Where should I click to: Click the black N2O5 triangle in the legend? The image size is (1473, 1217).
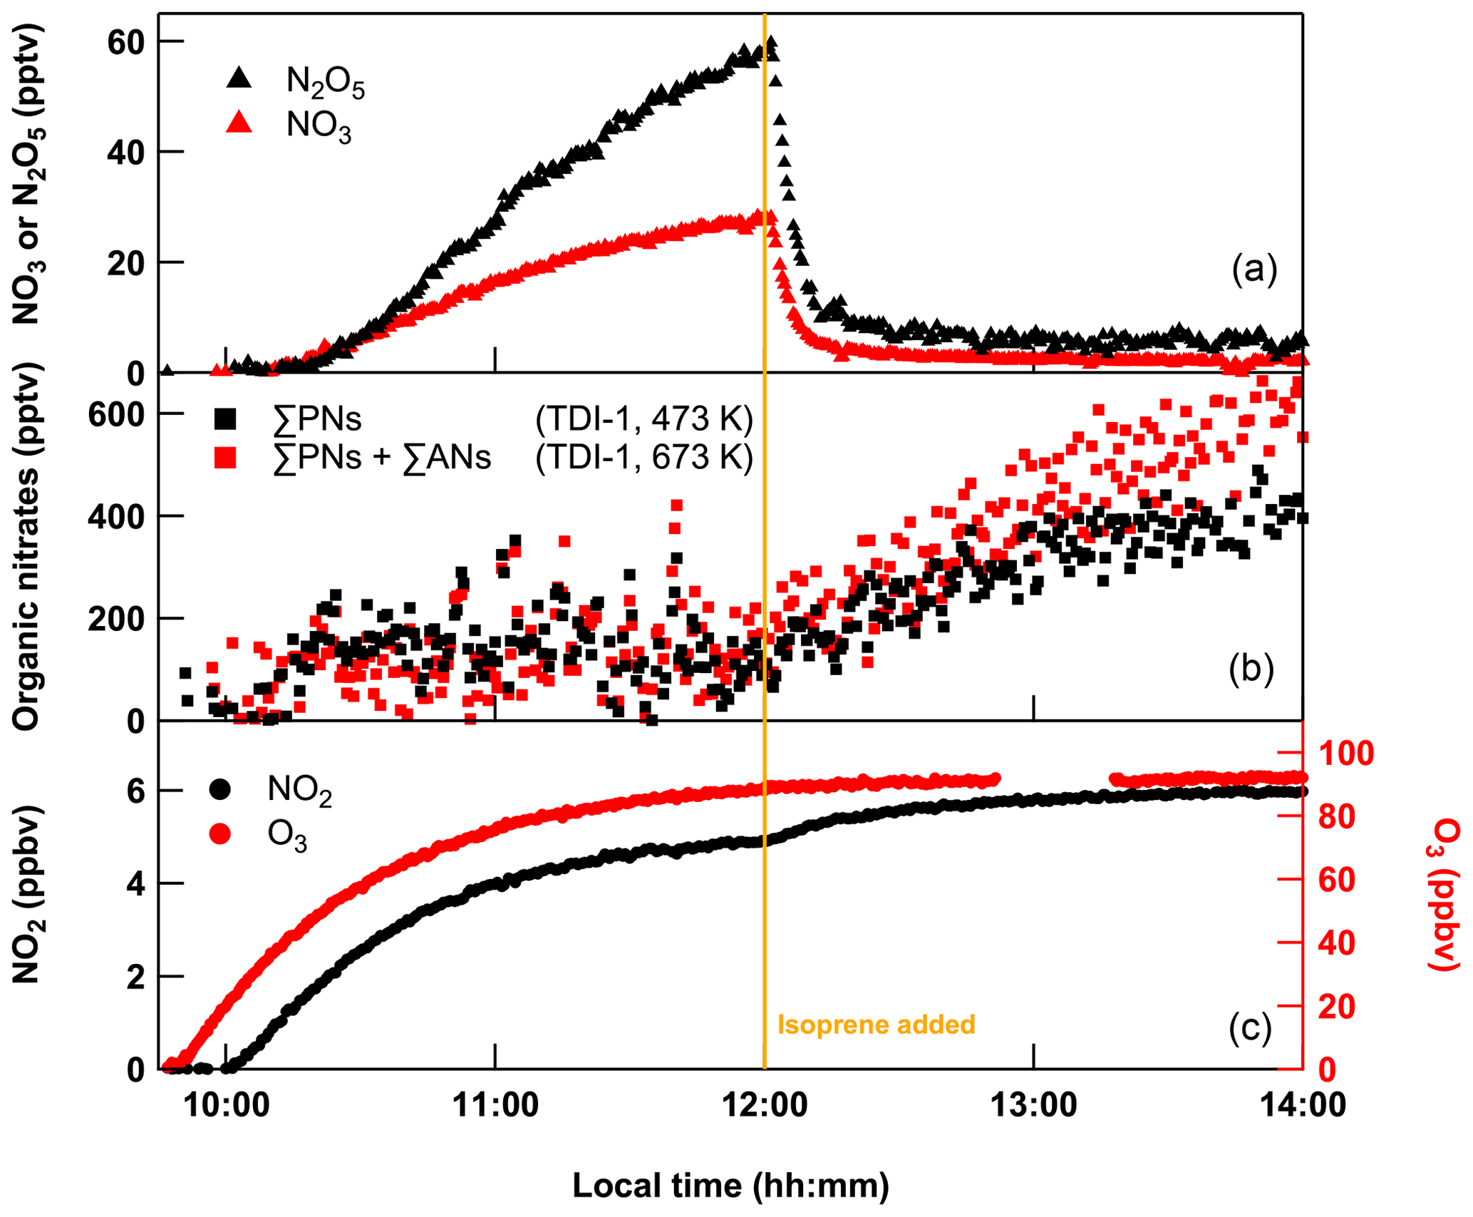coord(239,78)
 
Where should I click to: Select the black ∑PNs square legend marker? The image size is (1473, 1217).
coord(225,419)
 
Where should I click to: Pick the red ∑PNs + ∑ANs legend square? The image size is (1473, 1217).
coord(225,458)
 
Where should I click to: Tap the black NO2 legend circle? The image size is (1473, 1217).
coord(220,789)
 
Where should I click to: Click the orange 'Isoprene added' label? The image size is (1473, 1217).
coord(876,1025)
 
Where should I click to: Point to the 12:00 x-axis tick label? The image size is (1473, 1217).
coord(765,1105)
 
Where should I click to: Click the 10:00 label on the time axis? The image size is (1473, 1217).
coord(227,1105)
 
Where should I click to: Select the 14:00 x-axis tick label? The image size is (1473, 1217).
coord(1302,1105)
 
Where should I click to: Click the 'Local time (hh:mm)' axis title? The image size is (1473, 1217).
coord(731,1186)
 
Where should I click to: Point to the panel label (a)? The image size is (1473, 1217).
coord(1254,269)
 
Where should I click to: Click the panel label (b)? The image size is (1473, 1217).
coord(1251,669)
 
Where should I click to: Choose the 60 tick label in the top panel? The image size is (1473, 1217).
coord(125,43)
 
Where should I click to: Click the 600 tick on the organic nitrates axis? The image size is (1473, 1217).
coord(115,415)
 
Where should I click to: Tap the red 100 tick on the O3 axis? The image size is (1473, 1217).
coord(1346,754)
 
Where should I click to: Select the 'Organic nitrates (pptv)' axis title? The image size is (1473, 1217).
coord(27,546)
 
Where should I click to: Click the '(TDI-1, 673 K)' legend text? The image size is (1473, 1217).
coord(644,458)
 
